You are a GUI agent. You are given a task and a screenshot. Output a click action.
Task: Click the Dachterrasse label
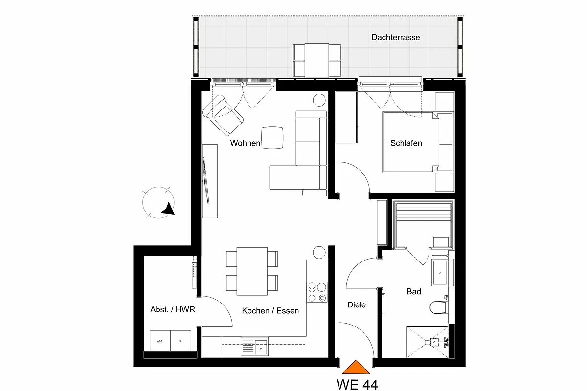point(395,37)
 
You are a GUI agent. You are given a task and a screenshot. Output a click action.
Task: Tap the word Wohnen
point(245,143)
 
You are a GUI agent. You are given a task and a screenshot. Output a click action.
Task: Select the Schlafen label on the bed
point(406,143)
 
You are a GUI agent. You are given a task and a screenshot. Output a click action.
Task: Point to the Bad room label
point(414,291)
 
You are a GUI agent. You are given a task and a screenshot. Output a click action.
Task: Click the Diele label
point(357,304)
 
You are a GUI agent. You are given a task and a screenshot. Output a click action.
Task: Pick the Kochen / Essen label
point(271,310)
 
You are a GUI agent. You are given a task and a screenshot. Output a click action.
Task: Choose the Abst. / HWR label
point(173,309)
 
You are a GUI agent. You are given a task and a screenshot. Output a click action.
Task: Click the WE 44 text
point(357,385)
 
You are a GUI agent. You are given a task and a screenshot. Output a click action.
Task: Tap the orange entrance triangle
point(356,368)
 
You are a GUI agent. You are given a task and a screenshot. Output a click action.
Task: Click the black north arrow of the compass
point(168,209)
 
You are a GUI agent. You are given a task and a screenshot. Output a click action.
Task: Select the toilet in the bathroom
point(439,307)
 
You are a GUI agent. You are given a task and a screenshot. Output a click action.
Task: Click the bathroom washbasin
point(440,272)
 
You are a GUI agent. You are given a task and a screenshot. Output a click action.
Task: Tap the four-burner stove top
point(317,292)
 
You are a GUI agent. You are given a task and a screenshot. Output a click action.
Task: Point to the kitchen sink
point(254,346)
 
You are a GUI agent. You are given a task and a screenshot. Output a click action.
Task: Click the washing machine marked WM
point(160,341)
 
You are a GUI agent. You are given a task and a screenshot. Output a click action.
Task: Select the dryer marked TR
point(181,341)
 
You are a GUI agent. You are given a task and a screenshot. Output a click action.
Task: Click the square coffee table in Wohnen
point(272,138)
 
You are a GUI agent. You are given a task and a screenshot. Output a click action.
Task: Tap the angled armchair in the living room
point(223,115)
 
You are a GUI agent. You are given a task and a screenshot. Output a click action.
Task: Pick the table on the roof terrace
point(316,61)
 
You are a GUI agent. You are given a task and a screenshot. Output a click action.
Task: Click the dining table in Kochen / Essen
point(252,271)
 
